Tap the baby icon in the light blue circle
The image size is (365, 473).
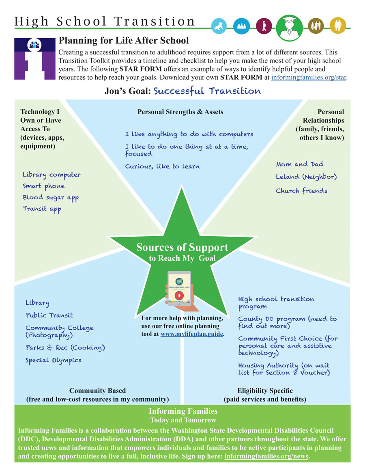point(219,26)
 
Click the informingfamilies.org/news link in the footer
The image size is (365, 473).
point(266,456)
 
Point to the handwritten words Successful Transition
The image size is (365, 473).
point(207,91)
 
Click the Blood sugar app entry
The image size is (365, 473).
point(50,198)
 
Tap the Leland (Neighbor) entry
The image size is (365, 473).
point(306,177)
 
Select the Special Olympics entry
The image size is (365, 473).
point(53,361)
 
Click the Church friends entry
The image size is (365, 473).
point(301,191)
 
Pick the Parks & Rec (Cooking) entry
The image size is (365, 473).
point(65,348)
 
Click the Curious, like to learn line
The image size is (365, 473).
point(162,166)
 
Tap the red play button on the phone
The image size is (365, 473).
point(179,295)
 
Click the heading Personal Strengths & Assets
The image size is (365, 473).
point(180,112)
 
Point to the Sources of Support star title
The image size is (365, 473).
point(182,248)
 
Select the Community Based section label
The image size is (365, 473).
point(97,391)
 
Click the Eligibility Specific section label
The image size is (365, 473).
point(265,391)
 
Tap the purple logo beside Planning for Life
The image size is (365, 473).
point(34,58)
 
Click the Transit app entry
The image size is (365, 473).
point(42,209)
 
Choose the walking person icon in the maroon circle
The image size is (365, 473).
point(264,26)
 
